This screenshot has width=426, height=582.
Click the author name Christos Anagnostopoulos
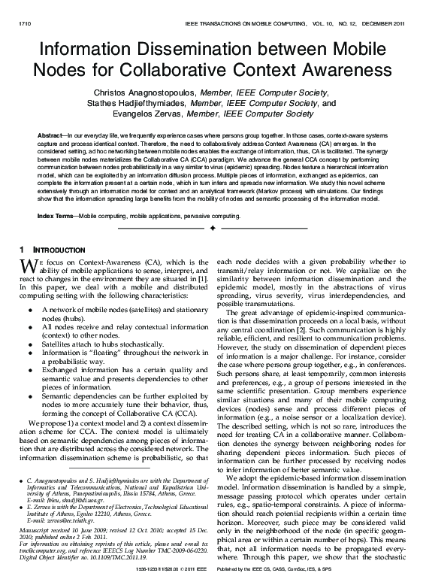pos(144,92)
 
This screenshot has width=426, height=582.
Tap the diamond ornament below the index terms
pos(213,227)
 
